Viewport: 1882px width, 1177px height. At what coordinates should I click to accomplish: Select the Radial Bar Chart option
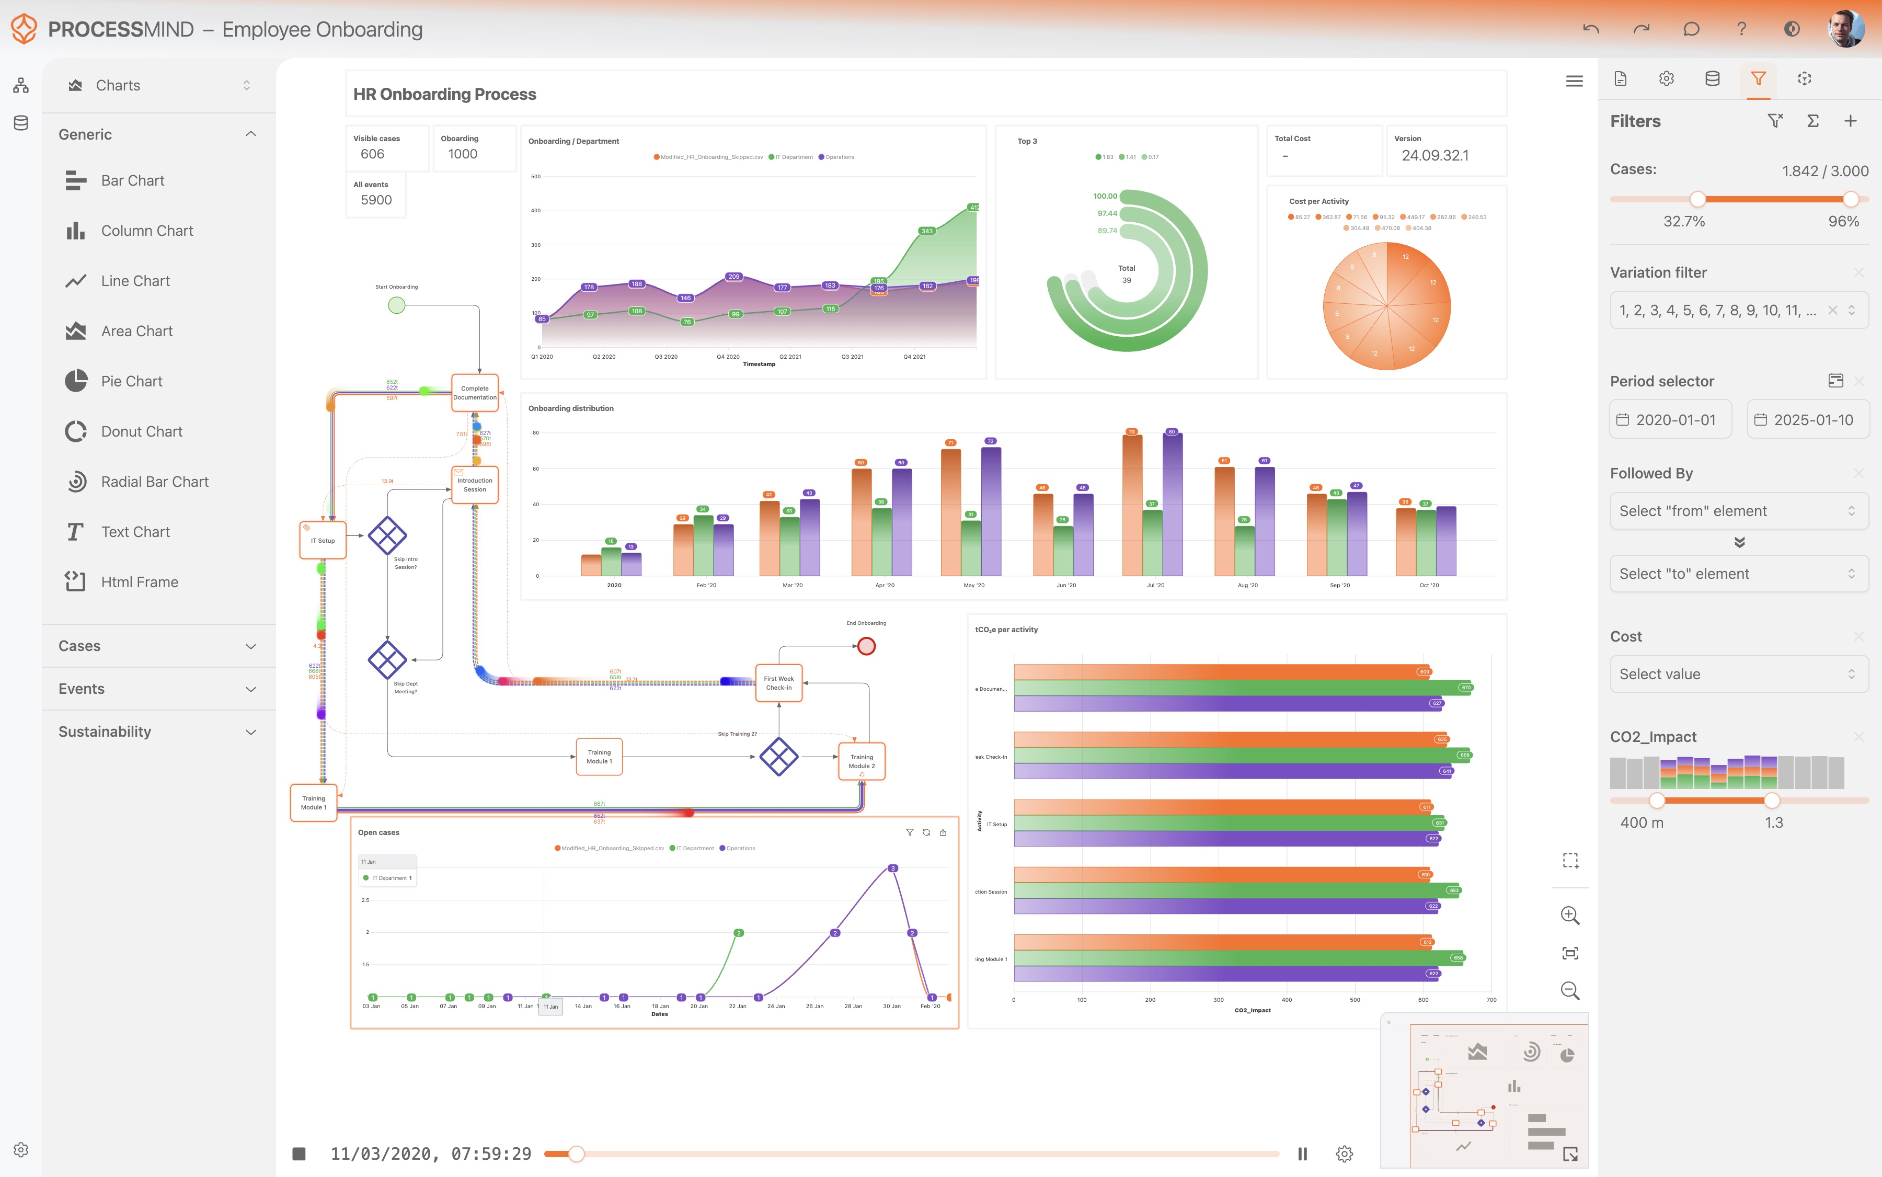[x=154, y=482]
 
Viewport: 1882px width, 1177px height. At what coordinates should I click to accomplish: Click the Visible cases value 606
[x=372, y=154]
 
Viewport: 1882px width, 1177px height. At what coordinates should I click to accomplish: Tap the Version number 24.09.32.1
[x=1435, y=156]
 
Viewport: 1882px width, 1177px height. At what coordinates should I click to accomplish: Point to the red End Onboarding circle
[x=866, y=646]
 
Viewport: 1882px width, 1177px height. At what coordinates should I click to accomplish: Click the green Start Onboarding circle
[x=397, y=305]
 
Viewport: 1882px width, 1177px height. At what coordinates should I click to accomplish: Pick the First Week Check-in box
[x=778, y=683]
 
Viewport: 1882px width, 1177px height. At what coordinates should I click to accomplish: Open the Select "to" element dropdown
[x=1738, y=574]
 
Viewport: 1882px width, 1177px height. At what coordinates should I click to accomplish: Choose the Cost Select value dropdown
[x=1738, y=674]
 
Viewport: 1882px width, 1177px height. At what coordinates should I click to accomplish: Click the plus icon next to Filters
[x=1850, y=121]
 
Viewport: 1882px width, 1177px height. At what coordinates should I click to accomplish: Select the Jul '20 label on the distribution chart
[x=1155, y=586]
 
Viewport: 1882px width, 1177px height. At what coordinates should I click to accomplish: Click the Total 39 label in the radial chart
[x=1126, y=274]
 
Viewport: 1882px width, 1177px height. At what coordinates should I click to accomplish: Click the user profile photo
[x=1845, y=29]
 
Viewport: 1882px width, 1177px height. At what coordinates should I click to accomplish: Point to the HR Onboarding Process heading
[x=444, y=94]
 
